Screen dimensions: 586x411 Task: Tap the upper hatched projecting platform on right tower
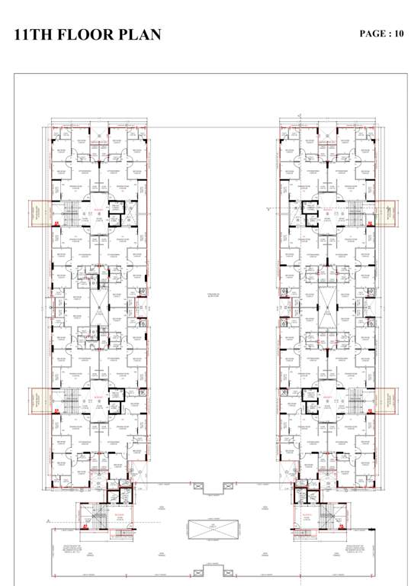[x=386, y=213]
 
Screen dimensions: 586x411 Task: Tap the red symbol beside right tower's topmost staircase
[x=369, y=223]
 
